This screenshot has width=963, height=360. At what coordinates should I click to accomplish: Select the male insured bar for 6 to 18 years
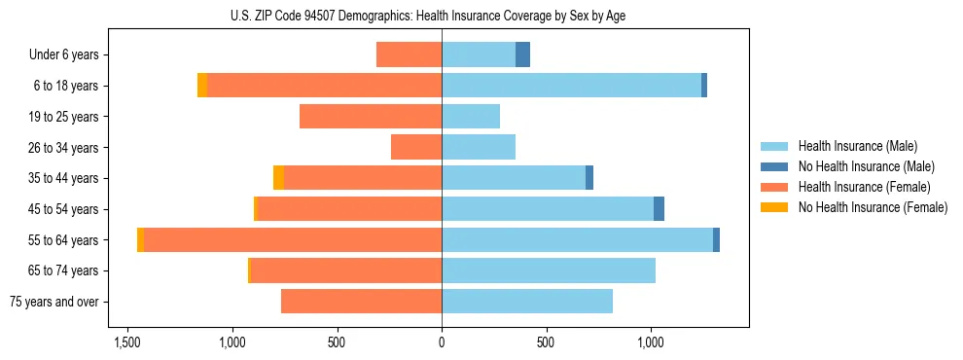click(571, 86)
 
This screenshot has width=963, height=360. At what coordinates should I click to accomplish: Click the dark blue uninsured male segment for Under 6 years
click(522, 54)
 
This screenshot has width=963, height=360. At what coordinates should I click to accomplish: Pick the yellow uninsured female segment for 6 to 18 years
click(202, 86)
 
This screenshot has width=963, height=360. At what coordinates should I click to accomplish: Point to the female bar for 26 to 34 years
click(416, 147)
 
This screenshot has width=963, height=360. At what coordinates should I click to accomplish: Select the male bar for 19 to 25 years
click(471, 117)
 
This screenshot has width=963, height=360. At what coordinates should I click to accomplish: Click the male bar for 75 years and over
click(527, 302)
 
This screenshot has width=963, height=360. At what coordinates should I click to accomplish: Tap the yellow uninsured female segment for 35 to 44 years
click(279, 178)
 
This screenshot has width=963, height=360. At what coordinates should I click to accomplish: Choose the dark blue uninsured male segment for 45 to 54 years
click(659, 209)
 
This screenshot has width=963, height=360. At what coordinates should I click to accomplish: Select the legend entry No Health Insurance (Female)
click(873, 207)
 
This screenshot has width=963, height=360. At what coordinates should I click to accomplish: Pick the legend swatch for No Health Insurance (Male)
click(775, 166)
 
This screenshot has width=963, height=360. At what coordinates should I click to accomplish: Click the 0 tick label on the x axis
click(442, 343)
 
